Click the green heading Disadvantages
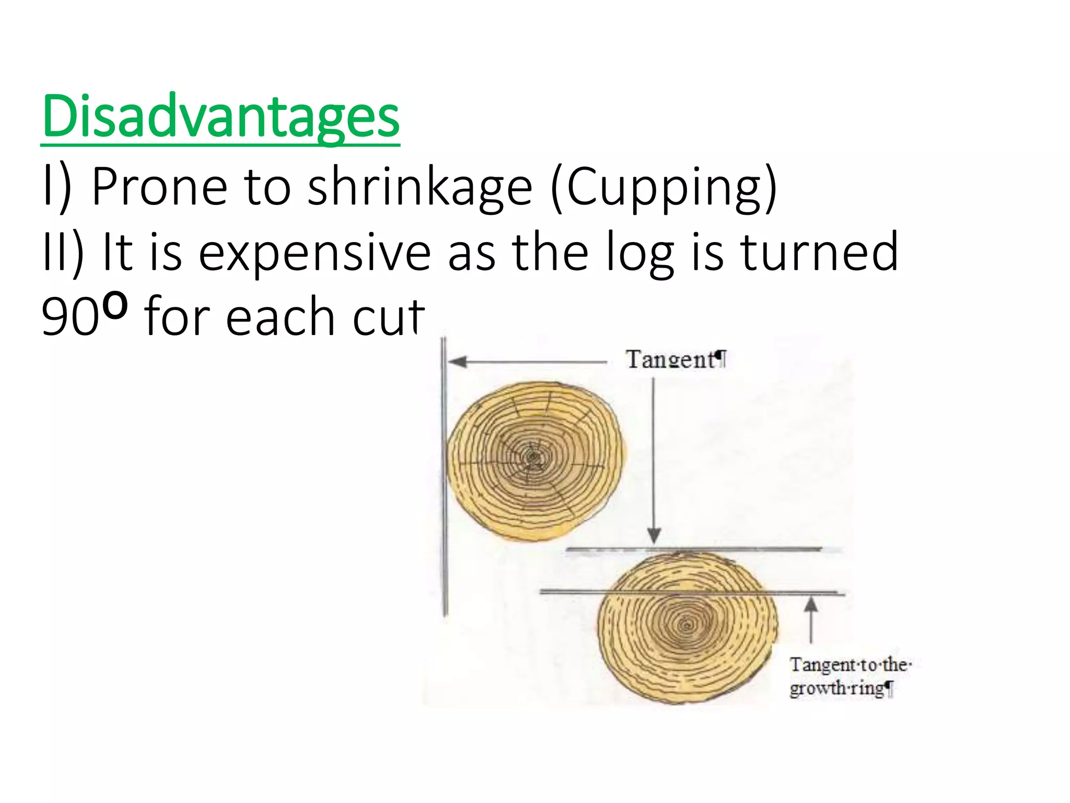tap(220, 116)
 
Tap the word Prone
tap(159, 187)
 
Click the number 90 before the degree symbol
tap(70, 317)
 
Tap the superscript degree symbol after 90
tap(114, 307)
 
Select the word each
tap(280, 317)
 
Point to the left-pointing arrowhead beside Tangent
tap(457, 362)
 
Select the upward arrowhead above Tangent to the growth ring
tap(810, 605)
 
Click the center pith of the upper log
tap(533, 458)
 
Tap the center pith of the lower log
tap(687, 625)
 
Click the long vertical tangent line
tap(445, 476)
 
